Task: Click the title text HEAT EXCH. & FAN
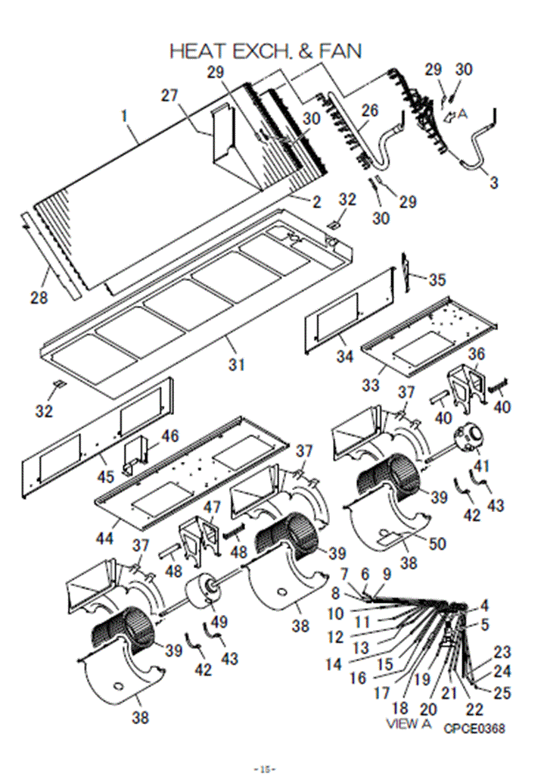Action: (266, 51)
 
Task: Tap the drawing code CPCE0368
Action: (474, 729)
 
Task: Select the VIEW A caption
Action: (409, 723)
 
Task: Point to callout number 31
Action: (238, 365)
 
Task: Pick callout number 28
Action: (39, 298)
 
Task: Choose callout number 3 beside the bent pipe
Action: (494, 183)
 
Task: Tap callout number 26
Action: (368, 111)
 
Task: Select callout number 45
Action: (106, 477)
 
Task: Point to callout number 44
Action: (106, 538)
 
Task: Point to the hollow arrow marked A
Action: (451, 115)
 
